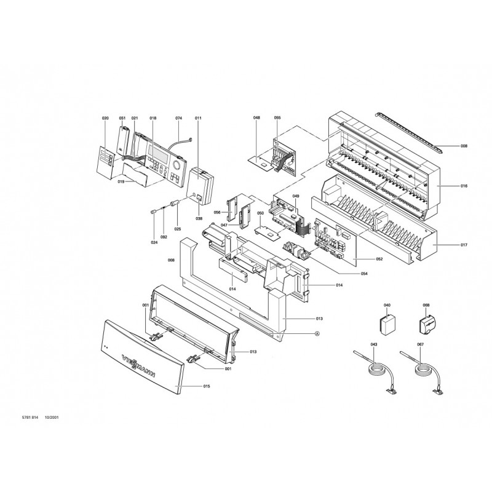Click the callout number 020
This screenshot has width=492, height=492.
coord(105,118)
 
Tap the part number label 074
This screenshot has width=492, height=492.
coord(178,118)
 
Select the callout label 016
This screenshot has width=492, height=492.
coord(464,186)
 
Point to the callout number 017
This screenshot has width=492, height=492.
coord(464,245)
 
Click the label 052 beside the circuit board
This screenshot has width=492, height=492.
coord(379,259)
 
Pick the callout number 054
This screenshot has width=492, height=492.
coord(364,274)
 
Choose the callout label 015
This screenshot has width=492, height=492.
coord(207,386)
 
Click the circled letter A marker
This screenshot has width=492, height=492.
coord(317,333)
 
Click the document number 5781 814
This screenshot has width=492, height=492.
coord(30,418)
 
